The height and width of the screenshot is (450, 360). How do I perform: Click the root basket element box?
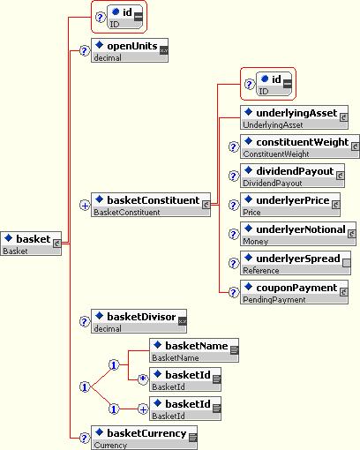pyautogui.click(x=31, y=244)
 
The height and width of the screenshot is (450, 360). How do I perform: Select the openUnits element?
pyautogui.click(x=130, y=50)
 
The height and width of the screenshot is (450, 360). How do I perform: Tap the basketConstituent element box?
pyautogui.click(x=151, y=205)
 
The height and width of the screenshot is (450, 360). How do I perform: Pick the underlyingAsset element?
pyautogui.click(x=294, y=117)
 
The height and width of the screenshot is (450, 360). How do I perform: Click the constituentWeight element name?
pyautogui.click(x=303, y=142)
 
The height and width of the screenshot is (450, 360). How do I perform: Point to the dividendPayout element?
pyautogui.click(x=292, y=176)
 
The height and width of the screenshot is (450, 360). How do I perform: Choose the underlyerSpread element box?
pyautogui.click(x=296, y=263)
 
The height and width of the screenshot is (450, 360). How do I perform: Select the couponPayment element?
pyautogui.click(x=294, y=292)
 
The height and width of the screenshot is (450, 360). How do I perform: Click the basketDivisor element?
pyautogui.click(x=139, y=321)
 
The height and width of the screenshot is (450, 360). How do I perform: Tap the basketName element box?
pyautogui.click(x=194, y=350)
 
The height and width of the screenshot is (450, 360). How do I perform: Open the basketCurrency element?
pyautogui.click(x=144, y=438)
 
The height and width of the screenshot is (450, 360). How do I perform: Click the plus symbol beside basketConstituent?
pyautogui.click(x=85, y=206)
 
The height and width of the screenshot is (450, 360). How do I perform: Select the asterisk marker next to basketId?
pyautogui.click(x=143, y=379)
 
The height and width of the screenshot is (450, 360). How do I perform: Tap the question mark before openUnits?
pyautogui.click(x=85, y=51)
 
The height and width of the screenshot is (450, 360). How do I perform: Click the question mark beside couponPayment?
pyautogui.click(x=234, y=292)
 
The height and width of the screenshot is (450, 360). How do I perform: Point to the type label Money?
pyautogui.click(x=256, y=242)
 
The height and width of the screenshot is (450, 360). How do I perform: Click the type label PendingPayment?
pyautogui.click(x=274, y=300)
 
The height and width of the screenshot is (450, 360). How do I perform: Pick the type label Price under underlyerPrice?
pyautogui.click(x=251, y=212)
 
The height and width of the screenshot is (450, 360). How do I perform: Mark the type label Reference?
pyautogui.click(x=261, y=270)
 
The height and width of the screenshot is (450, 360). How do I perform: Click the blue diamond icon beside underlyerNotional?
pyautogui.click(x=249, y=228)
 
